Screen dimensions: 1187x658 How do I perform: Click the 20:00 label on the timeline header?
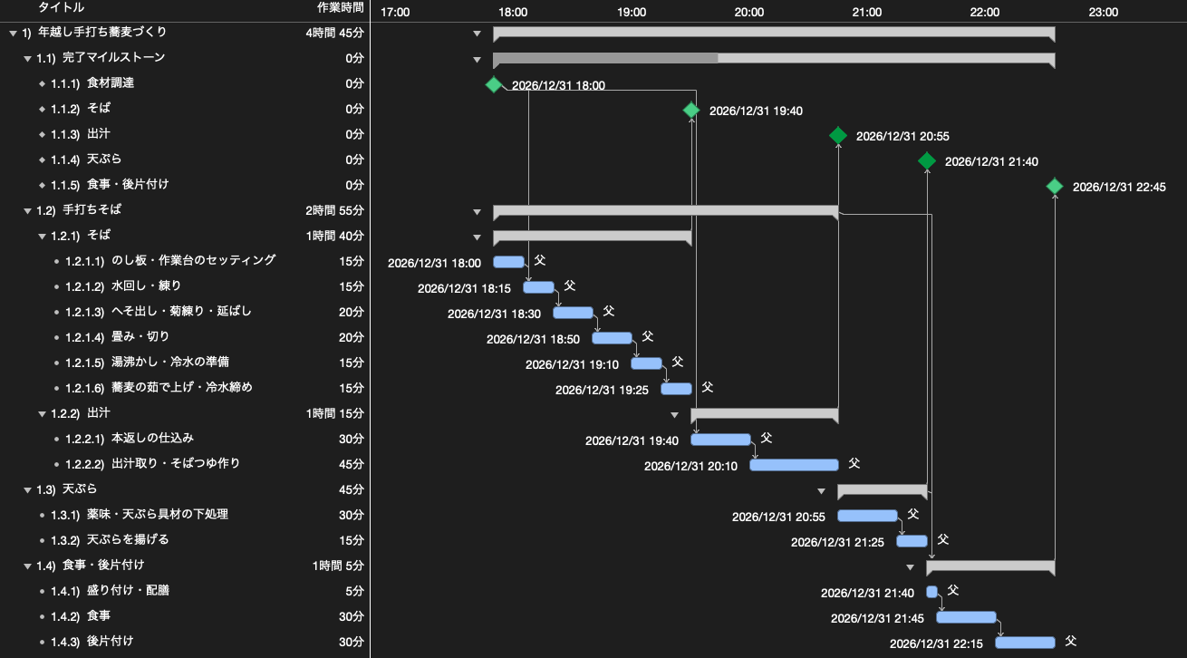point(748,12)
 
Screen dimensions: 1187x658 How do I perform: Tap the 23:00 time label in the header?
point(1104,12)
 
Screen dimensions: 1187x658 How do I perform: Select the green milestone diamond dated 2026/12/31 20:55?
point(838,136)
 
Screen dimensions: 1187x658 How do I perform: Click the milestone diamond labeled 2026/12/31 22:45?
point(1055,187)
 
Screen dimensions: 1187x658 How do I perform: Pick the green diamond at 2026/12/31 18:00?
point(494,85)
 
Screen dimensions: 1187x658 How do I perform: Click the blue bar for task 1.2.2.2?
point(794,465)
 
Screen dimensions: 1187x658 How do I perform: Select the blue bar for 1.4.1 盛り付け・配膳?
point(932,592)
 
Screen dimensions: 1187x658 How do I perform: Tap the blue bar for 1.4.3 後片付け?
point(1025,643)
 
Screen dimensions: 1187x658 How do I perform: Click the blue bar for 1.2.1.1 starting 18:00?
point(508,262)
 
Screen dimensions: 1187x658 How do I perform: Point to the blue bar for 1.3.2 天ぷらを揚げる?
point(912,541)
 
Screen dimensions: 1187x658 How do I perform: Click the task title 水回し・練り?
point(146,286)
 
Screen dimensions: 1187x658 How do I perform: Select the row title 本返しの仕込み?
point(152,439)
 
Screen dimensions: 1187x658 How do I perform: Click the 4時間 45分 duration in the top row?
point(335,33)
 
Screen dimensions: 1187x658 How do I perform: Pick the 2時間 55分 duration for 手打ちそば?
point(335,210)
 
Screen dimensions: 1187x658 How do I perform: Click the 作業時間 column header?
point(340,7)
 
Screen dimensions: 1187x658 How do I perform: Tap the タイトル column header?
point(61,7)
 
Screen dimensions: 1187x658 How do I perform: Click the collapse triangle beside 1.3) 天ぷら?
point(27,490)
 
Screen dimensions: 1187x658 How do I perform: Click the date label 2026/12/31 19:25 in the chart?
point(602,391)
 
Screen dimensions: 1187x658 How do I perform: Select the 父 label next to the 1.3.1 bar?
point(913,514)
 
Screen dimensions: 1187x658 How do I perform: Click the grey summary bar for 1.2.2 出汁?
point(764,414)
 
